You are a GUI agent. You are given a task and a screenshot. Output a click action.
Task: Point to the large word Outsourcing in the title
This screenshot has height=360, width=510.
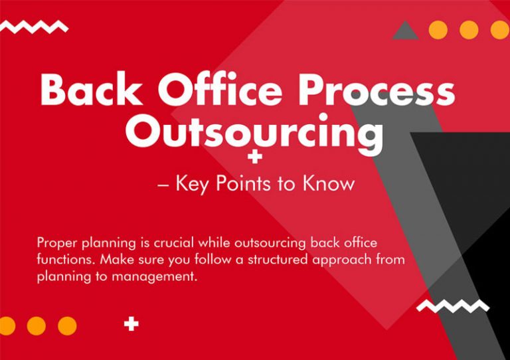[254, 133]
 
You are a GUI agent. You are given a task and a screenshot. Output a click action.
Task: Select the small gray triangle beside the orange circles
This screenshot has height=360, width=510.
[405, 30]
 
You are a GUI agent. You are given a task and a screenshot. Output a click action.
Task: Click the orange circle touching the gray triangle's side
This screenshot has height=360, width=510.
[438, 30]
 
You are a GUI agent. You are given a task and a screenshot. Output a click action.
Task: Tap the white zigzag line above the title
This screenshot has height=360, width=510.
[34, 27]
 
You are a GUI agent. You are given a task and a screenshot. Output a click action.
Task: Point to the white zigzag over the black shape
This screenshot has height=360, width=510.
[452, 306]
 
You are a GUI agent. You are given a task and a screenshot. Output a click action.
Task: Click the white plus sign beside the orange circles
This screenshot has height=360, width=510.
[132, 325]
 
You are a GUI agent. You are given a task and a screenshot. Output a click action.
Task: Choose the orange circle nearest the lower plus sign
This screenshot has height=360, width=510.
[67, 325]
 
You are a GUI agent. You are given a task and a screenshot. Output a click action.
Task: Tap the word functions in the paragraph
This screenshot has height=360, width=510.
[63, 260]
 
